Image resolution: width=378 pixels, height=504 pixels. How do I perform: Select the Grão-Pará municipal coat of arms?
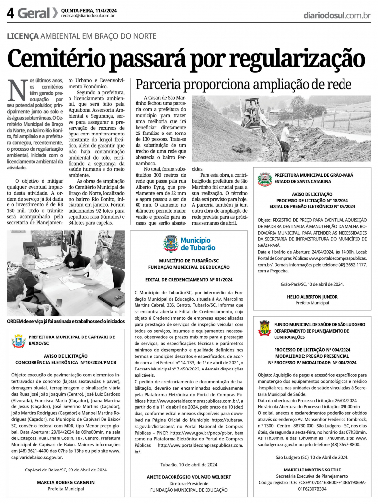(x=265, y=179)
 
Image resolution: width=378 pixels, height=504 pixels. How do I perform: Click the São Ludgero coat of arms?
(x=265, y=328)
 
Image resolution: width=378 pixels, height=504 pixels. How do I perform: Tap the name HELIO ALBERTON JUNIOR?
(x=312, y=297)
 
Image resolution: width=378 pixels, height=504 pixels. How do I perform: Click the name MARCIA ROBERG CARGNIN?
(x=66, y=482)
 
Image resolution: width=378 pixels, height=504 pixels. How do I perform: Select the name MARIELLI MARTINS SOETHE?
(x=312, y=470)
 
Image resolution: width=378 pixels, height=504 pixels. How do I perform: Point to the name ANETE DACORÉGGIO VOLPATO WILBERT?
(x=189, y=477)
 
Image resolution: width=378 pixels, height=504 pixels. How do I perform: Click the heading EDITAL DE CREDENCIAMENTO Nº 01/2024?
(x=189, y=280)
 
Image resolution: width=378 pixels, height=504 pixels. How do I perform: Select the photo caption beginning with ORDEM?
(x=66, y=321)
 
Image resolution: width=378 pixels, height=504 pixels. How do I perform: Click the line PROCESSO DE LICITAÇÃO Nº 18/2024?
(x=312, y=201)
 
